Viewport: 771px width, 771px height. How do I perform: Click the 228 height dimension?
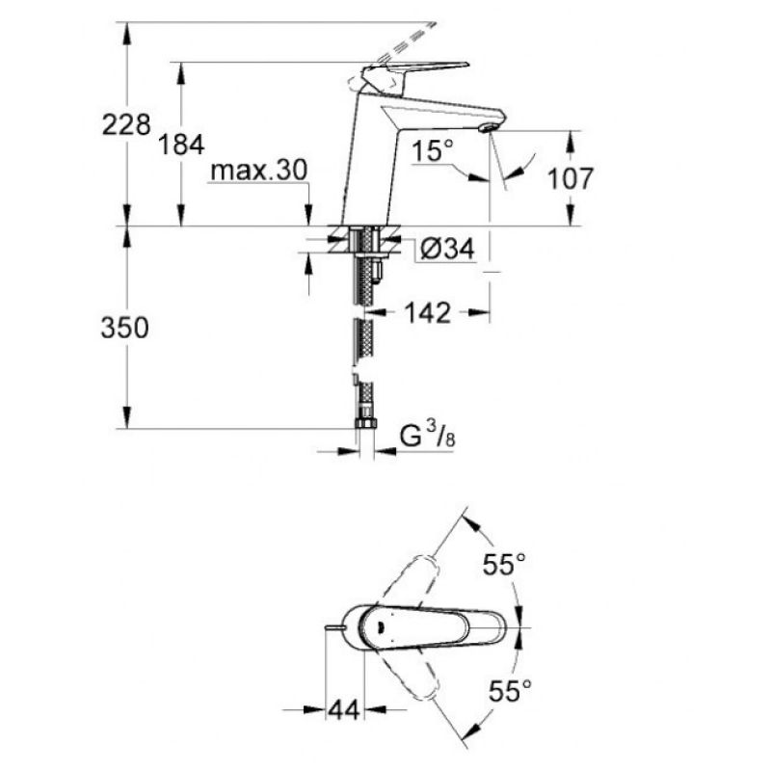coord(126,124)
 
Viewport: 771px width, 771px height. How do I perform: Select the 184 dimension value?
coord(181,145)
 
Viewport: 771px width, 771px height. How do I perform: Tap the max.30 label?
coord(258,171)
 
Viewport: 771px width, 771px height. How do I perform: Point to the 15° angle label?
coord(433,150)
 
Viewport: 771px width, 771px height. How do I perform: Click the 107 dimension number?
coord(571,178)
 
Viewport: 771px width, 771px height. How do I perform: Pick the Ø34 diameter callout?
coord(447,249)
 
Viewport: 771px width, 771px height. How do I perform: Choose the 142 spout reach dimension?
coord(427,312)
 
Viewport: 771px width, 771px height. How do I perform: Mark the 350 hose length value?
coord(125,328)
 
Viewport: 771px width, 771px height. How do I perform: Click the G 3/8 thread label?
coord(427,435)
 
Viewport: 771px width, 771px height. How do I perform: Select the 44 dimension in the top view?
coord(344,710)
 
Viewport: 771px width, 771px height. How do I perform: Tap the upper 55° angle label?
coord(504,564)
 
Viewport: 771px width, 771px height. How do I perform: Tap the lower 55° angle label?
coord(510,691)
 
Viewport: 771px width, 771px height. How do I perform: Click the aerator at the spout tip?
coord(487,128)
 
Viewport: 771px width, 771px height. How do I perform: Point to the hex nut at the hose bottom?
coord(365,424)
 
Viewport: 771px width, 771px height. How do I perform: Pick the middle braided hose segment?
coord(363,342)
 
